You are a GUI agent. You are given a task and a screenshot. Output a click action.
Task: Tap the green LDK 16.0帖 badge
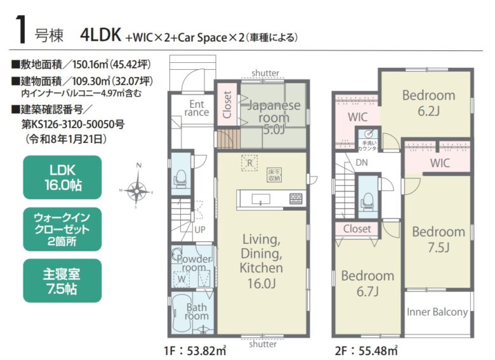click(62, 177)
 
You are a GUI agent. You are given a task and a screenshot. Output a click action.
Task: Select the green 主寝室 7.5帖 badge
click(62, 281)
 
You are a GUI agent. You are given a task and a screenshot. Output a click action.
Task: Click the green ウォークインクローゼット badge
click(62, 229)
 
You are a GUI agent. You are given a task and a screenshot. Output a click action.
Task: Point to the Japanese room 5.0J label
click(274, 117)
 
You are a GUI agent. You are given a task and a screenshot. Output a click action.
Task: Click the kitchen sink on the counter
click(260, 199)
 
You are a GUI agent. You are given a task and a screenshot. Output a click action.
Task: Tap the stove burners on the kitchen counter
click(296, 198)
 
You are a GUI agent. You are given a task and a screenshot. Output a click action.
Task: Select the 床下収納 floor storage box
click(274, 175)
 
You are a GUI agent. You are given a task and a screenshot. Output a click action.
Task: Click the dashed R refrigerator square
click(249, 163)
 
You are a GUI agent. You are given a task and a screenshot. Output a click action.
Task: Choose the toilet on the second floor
click(368, 201)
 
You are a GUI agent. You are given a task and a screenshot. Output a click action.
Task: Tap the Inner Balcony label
click(437, 312)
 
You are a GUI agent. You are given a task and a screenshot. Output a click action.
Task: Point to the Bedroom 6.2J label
click(429, 103)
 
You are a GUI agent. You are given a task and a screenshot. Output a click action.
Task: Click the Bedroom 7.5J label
click(439, 240)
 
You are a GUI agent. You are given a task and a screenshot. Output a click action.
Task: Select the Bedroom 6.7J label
click(367, 284)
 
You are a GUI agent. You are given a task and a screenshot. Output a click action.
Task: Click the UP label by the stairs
click(200, 230)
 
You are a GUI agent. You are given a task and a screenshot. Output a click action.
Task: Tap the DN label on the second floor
click(362, 163)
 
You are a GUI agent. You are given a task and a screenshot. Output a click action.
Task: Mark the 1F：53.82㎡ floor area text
click(195, 350)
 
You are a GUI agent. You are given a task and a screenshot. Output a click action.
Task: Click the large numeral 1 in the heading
click(21, 30)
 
